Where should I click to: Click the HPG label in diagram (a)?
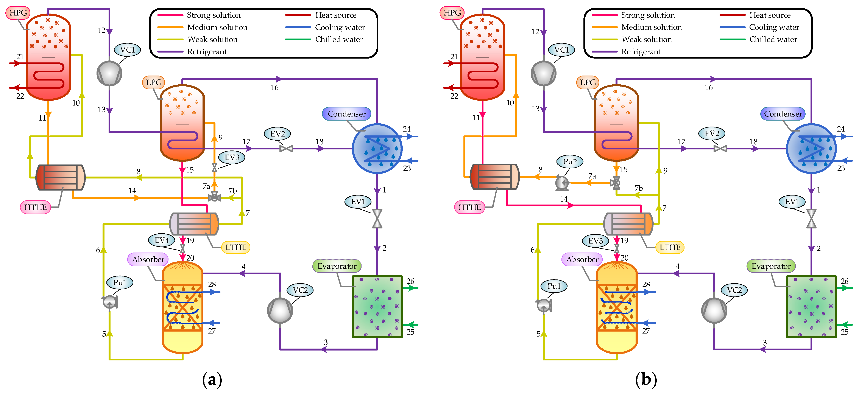[18, 13]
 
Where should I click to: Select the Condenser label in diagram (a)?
[346, 114]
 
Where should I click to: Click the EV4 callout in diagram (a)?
[162, 240]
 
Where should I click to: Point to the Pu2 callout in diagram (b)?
[570, 162]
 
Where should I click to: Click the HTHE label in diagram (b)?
[469, 207]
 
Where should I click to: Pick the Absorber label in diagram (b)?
[582, 259]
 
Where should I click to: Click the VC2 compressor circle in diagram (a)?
[280, 310]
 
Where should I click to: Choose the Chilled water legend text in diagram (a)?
[339, 39]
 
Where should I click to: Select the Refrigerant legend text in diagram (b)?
[641, 52]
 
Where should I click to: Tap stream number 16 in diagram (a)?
[274, 88]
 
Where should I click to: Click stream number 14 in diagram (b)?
[564, 199]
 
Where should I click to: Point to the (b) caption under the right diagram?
[646, 379]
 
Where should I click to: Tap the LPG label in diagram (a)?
[154, 82]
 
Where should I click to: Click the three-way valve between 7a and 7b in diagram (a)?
[214, 198]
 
